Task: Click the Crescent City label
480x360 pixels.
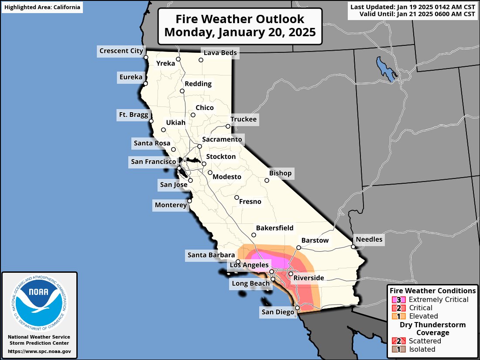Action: (121, 51)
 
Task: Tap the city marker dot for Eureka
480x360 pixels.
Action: (145, 83)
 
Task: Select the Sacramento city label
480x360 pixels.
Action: (222, 139)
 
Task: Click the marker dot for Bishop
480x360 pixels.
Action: (267, 180)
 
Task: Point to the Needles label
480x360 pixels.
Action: (369, 239)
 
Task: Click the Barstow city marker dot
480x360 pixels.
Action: (298, 247)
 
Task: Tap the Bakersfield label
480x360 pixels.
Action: (274, 228)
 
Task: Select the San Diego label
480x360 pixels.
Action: (278, 312)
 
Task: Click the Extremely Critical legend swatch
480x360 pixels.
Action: (399, 300)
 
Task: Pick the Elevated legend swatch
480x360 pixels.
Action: (399, 316)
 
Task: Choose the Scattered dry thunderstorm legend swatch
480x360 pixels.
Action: (399, 341)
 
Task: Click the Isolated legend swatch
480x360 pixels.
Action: (399, 349)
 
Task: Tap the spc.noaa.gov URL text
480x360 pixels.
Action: (39, 351)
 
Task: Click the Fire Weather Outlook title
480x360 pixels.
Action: (240, 26)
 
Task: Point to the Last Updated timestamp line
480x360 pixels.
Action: (413, 7)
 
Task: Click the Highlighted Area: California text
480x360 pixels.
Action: (42, 7)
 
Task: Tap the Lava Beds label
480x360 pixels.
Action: (220, 53)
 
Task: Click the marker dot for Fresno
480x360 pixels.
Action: (237, 197)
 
